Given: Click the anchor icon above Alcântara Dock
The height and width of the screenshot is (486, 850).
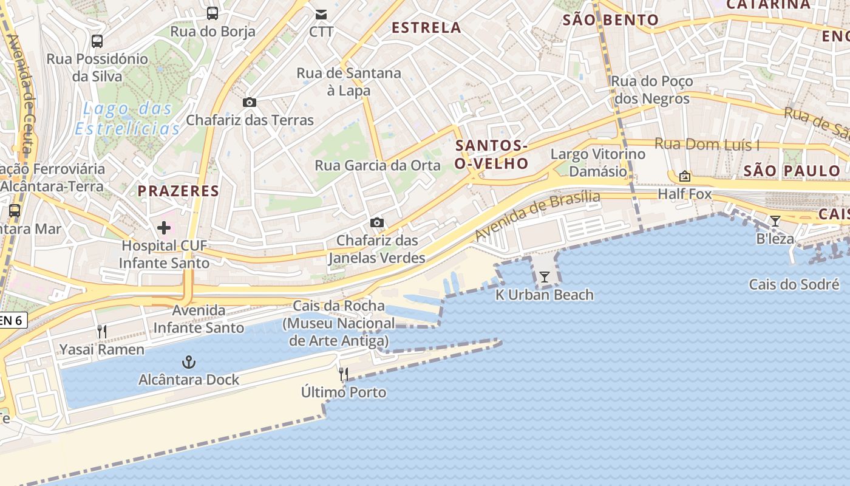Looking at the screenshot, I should [189, 363].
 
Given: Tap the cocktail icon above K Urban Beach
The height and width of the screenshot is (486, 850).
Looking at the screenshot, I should [544, 277].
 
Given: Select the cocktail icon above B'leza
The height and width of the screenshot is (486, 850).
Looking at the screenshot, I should [775, 221].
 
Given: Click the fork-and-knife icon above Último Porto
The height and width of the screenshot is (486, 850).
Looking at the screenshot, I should [344, 374].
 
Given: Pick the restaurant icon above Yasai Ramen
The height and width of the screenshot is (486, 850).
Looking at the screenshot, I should [102, 332].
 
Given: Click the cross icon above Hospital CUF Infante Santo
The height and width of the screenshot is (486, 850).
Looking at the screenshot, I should [164, 228].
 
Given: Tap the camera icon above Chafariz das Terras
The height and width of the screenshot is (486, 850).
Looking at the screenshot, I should [250, 102].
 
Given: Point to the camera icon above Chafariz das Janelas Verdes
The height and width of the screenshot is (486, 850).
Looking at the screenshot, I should [377, 223].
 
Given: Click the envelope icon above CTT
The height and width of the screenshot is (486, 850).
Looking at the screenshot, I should [321, 14].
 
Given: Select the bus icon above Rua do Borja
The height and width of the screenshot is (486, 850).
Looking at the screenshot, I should [212, 13].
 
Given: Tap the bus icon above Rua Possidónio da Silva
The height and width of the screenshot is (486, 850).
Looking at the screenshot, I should [97, 41].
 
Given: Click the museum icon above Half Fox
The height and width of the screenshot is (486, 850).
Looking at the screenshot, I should [685, 176].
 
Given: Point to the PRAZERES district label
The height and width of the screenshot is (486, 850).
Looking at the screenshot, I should [178, 191].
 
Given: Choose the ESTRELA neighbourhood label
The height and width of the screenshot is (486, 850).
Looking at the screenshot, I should [426, 27].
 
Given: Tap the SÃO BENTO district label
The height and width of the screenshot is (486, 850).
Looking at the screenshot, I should [610, 20].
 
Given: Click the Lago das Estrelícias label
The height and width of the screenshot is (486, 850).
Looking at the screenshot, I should [127, 119].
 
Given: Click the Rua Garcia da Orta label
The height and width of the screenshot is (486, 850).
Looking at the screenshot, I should [377, 165].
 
